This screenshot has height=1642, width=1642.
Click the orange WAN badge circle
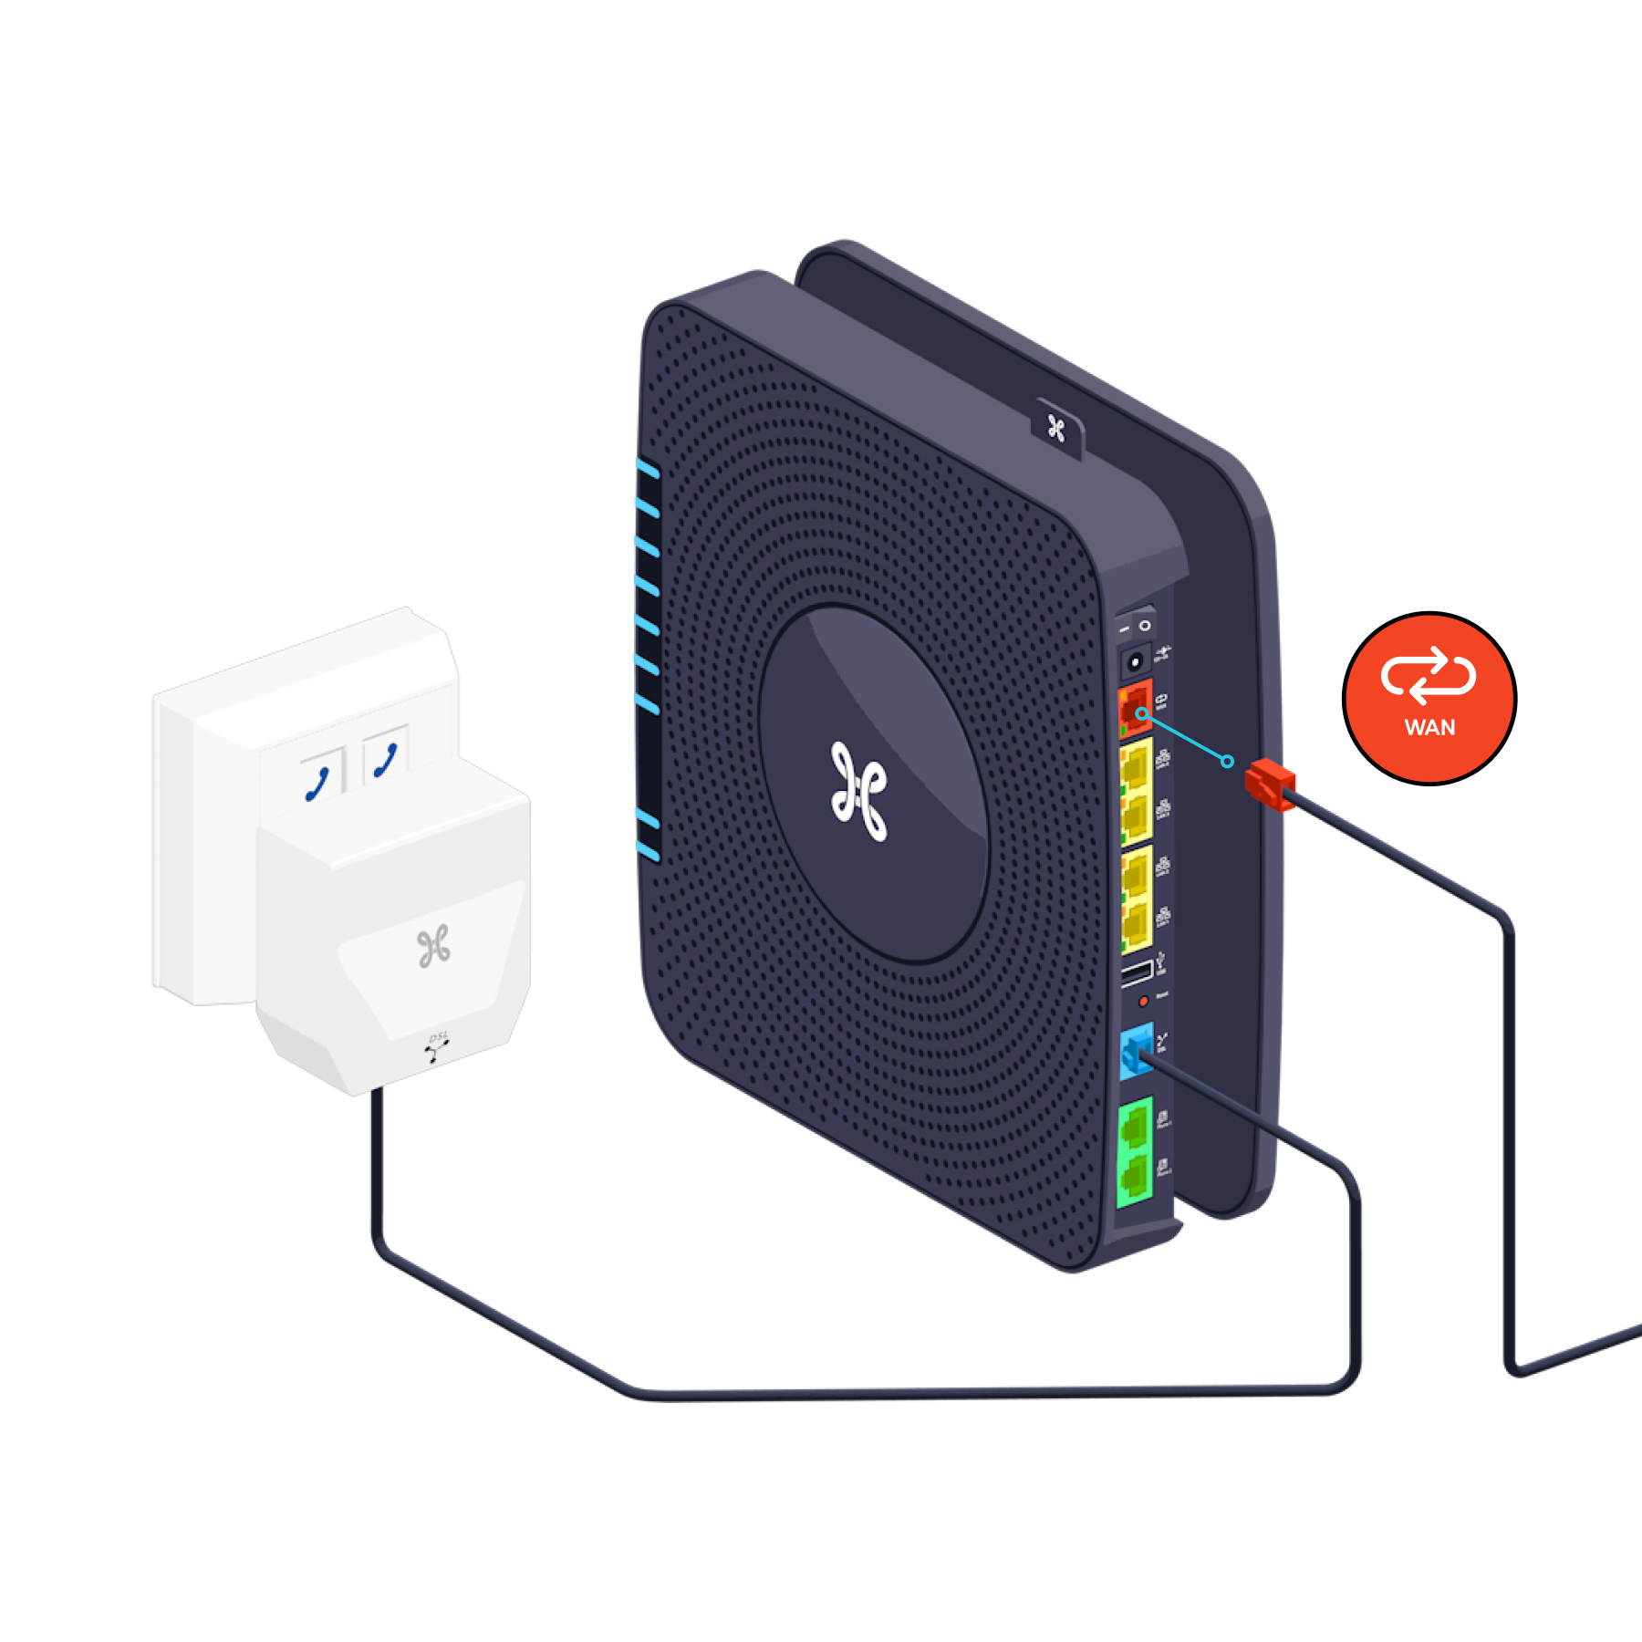[x=1429, y=697]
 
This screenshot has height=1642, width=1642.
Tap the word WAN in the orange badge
[x=1429, y=728]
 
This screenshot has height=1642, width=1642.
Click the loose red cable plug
[x=1269, y=784]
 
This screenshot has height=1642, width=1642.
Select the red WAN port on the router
[x=1135, y=708]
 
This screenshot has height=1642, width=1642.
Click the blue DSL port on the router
[x=1136, y=1053]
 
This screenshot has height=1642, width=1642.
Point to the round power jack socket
[x=1135, y=661]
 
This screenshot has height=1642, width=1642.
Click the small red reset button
[x=1143, y=1002]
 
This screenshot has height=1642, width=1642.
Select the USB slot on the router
[x=1137, y=973]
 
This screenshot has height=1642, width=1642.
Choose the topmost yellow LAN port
[x=1136, y=766]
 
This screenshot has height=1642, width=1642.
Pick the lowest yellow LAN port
[x=1136, y=925]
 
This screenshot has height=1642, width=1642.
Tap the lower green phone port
[x=1135, y=1178]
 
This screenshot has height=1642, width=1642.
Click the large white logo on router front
[x=858, y=791]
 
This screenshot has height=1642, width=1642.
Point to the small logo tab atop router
[x=1056, y=428]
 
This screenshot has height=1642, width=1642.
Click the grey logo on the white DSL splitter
[x=434, y=946]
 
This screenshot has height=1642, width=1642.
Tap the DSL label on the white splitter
[x=439, y=1037]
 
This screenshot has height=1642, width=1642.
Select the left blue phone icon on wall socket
[x=317, y=784]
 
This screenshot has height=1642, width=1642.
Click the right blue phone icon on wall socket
[x=386, y=760]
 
